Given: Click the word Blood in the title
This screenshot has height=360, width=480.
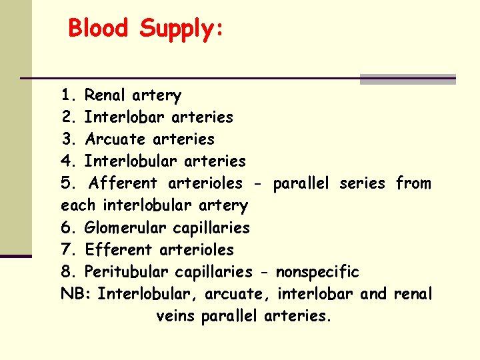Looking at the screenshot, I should (99, 28).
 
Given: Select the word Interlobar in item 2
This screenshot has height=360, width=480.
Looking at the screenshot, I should (125, 117).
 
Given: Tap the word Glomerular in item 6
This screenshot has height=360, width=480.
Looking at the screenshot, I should (126, 228).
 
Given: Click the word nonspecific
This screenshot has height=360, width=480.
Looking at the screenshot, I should (317, 272).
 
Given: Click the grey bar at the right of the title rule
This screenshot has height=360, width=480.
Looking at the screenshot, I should (407, 79).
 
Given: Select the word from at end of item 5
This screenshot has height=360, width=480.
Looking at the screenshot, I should (413, 183).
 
